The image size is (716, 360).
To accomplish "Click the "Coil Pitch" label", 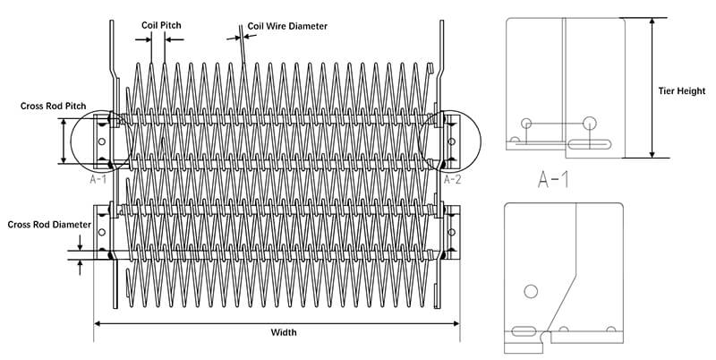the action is (161, 25).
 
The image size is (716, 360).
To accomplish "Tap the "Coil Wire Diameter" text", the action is (287, 26).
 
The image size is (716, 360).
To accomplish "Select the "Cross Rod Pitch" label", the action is (53, 106).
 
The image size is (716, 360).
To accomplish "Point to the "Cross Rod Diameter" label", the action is (49, 225).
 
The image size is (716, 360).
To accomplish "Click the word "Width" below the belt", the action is (284, 332).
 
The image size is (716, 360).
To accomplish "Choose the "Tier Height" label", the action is (682, 91).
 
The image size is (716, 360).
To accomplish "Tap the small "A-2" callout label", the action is (453, 179).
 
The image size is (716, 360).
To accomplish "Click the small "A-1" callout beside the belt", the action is (98, 179).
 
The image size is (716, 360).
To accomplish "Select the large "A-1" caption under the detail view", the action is (553, 179).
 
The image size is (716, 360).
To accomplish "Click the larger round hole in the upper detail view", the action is (590, 123).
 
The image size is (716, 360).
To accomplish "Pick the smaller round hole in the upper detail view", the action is (526, 123).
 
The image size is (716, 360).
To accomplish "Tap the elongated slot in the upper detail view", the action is (590, 144).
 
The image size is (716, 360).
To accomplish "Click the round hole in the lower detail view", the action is (531, 291).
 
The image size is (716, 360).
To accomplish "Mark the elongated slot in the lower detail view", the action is (524, 330).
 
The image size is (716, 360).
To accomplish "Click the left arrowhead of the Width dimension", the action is (97, 323).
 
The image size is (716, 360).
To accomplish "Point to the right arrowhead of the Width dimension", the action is (456, 323).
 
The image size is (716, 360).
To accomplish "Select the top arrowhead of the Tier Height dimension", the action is (652, 21).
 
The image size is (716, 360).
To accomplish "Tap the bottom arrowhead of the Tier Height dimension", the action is (652, 154).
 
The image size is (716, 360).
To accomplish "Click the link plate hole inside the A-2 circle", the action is (452, 141).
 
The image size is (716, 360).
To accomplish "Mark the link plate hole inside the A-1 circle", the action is (102, 141).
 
